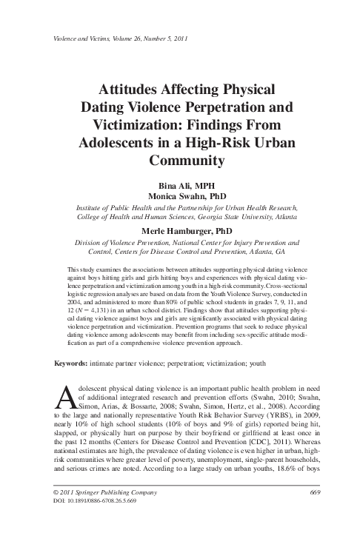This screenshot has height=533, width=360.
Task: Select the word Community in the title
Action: click(x=181, y=158)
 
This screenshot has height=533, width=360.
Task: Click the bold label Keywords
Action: click(x=70, y=365)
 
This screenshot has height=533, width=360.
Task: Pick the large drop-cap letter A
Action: click(x=64, y=398)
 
